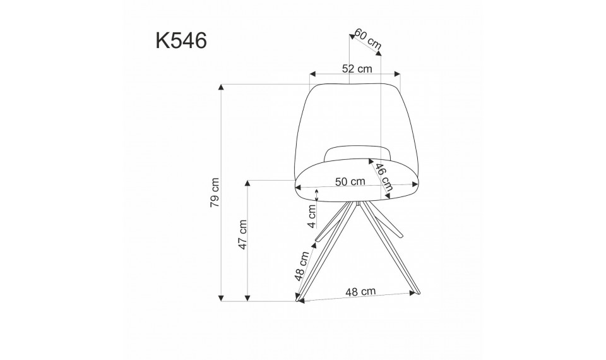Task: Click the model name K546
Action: coord(181,40)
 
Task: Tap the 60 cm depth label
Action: coord(367,39)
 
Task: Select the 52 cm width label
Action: coord(357,69)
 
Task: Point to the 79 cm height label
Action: coord(215,192)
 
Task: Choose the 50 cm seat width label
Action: coord(350,181)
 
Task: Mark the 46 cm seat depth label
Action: coord(383,177)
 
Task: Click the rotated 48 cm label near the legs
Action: coord(302,265)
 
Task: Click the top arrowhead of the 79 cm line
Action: coord(222,88)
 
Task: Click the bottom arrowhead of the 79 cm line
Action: coord(222,296)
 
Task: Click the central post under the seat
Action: coord(358,205)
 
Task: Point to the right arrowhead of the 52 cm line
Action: coord(396,75)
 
